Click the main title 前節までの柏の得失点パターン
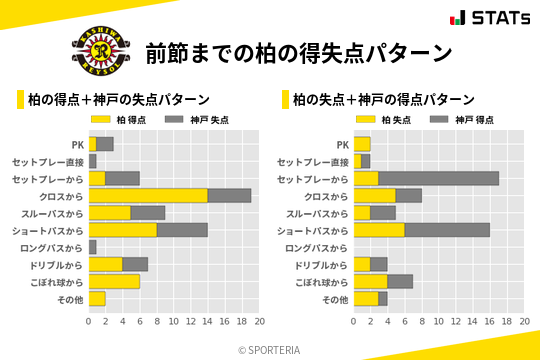click(x=299, y=52)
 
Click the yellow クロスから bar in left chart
click(x=148, y=196)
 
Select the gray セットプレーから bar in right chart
click(x=439, y=178)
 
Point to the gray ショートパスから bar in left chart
click(x=182, y=230)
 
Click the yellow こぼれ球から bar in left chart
click(x=114, y=281)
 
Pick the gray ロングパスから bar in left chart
click(x=92, y=247)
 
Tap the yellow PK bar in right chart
click(x=362, y=144)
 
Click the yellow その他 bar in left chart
click(x=97, y=298)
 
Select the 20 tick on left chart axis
click(x=259, y=322)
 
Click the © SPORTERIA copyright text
click(x=270, y=350)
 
